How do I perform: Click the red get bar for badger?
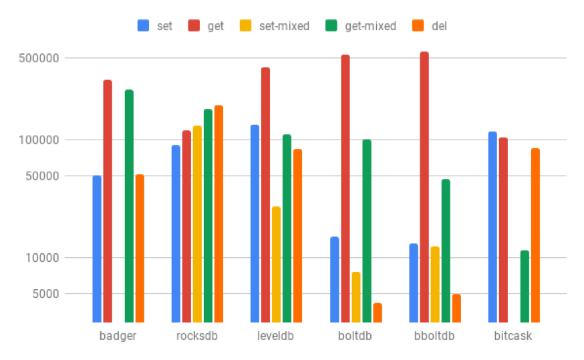point(108,200)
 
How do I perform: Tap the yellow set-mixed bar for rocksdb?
point(197,224)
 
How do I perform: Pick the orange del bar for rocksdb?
point(218,214)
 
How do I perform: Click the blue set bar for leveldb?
point(255,223)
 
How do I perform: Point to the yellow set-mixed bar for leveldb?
point(276,264)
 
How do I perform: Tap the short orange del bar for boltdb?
point(378,313)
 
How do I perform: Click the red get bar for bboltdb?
point(424,187)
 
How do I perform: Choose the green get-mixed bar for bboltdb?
point(446,250)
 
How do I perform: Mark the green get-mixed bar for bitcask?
point(525,286)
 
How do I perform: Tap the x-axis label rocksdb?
point(196,336)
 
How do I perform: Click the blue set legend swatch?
point(143,26)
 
